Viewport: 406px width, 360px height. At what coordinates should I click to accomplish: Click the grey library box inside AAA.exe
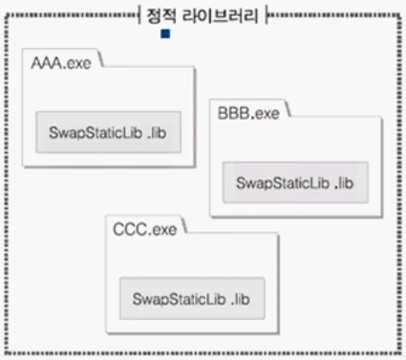point(107,132)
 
